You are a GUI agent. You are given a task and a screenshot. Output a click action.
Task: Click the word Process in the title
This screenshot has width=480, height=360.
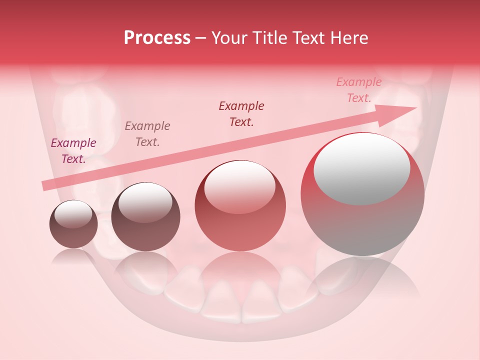click(157, 38)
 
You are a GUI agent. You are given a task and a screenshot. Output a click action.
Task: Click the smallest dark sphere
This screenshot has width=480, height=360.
click(73, 224)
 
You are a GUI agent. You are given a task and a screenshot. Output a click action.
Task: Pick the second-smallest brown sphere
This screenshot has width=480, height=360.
click(145, 216)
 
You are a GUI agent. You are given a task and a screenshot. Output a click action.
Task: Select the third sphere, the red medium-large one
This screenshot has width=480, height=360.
click(240, 205)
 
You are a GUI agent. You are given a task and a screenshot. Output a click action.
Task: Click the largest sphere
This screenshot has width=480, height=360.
click(362, 194)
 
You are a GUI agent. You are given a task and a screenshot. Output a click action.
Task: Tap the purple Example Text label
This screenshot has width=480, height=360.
click(73, 151)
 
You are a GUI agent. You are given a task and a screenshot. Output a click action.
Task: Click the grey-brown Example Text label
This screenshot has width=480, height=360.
click(147, 134)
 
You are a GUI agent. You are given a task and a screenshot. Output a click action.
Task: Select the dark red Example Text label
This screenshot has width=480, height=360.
click(241, 113)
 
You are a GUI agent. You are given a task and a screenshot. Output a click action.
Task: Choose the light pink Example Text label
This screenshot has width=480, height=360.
click(359, 90)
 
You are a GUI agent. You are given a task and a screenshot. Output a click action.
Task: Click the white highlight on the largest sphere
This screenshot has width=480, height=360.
click(361, 169)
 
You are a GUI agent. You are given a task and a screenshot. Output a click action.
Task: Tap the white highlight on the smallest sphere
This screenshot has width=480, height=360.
click(73, 213)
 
